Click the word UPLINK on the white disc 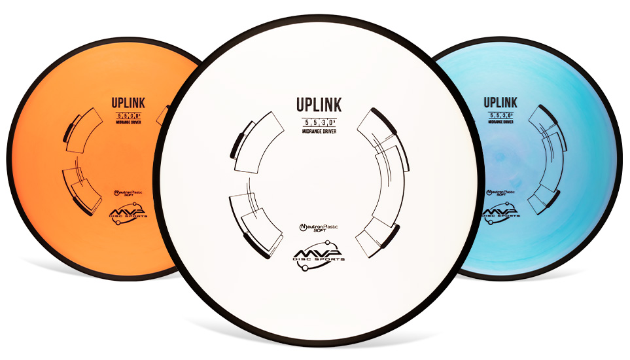click(318, 105)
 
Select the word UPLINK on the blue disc click(500, 102)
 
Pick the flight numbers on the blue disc click(500, 115)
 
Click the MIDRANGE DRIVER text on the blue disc click(500, 122)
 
